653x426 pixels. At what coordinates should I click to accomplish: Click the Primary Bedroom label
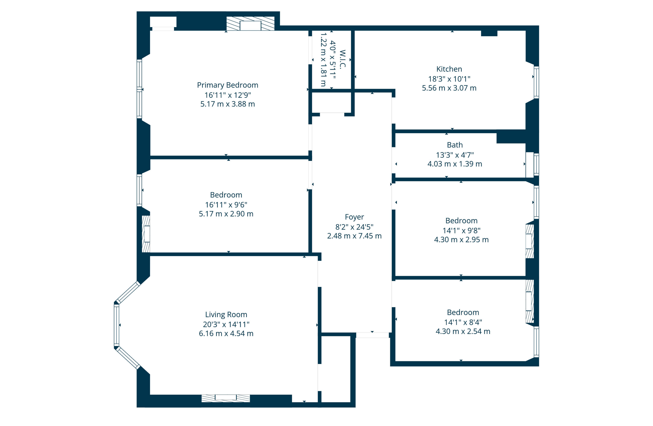[228, 85]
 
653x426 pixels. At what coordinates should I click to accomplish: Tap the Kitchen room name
[449, 69]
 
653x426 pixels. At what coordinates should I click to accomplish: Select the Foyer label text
[354, 217]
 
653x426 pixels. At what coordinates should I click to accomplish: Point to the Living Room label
[226, 314]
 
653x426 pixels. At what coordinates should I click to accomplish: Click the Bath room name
[455, 145]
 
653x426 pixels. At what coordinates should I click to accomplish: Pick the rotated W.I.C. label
[342, 59]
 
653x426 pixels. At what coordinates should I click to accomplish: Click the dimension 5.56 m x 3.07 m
[449, 88]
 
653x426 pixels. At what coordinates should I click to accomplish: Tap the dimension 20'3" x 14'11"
[226, 324]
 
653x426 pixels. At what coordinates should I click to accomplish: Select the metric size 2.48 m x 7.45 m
[354, 236]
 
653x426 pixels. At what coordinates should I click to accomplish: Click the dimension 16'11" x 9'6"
[226, 205]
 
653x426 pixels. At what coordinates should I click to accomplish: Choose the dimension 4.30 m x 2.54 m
[463, 331]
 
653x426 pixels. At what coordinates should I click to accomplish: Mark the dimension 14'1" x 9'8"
[461, 230]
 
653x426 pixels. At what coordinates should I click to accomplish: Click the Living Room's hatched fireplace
[225, 398]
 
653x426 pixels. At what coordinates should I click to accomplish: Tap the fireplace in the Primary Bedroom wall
[250, 23]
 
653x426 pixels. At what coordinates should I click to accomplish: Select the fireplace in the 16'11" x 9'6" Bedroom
[146, 234]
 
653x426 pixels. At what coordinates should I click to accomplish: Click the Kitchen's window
[536, 82]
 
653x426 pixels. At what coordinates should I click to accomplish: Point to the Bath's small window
[536, 164]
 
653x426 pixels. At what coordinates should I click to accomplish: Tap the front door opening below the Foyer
[372, 335]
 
